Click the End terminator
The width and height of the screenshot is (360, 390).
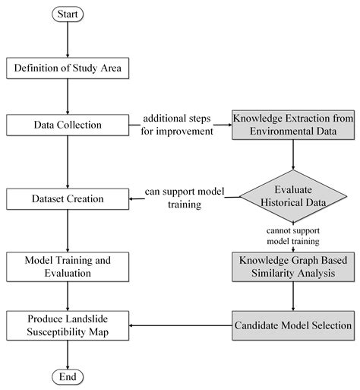click(x=68, y=377)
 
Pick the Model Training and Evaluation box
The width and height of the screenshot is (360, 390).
click(x=68, y=267)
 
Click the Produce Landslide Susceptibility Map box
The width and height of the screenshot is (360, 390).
click(x=68, y=325)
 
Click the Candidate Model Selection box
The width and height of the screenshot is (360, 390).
click(x=293, y=325)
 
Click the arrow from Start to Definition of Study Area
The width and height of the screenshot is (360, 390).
click(x=68, y=40)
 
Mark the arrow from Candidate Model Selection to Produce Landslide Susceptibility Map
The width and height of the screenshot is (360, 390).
click(x=182, y=325)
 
